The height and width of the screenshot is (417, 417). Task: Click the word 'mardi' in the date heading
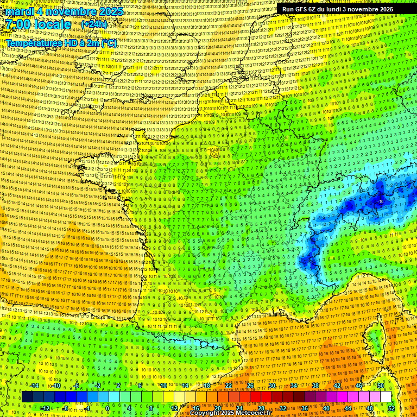tap(21, 11)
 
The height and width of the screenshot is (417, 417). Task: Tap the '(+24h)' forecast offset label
tap(94, 24)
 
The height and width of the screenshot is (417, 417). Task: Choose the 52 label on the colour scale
tap(391, 408)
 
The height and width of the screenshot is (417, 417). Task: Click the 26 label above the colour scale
tap(250, 386)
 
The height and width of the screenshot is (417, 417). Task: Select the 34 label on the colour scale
tap(293, 386)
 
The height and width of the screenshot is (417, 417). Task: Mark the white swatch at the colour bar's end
tap(386, 397)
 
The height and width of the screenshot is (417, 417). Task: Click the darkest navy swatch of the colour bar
tap(27, 397)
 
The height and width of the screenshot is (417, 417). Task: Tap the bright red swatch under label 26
tap(250, 397)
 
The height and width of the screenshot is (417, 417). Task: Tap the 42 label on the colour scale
tap(337, 386)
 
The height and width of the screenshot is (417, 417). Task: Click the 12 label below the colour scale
tap(174, 408)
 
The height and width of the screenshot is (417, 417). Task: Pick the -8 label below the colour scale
tap(65, 408)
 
